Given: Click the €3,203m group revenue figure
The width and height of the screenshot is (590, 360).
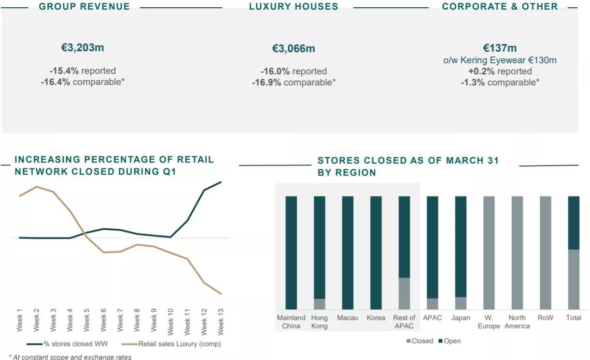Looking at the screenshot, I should coord(83,48).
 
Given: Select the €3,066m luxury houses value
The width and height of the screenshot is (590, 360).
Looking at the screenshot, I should coord(294,49).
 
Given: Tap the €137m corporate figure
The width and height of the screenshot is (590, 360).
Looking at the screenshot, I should coord(500,48).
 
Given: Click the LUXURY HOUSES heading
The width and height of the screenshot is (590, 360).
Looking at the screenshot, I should coord(294,7).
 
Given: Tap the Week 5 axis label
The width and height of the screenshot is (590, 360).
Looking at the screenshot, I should coord(87,319).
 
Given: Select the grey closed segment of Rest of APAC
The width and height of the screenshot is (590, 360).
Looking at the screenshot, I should coord(404,293).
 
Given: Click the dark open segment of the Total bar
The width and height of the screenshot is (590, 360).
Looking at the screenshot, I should coord(574,222).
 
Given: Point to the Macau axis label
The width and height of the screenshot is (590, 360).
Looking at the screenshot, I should coord(348,318).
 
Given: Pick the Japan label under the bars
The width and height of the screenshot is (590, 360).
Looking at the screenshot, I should coord(461,318).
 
